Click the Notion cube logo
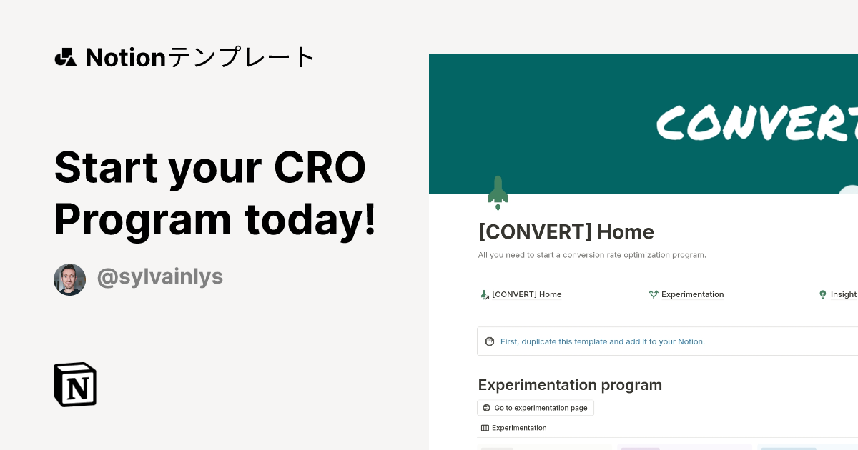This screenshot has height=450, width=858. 75,384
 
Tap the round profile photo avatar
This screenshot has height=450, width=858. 69,279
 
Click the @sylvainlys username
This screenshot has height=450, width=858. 159,277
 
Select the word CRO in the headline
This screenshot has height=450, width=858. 320,167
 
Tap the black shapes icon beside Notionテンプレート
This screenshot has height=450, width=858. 65,57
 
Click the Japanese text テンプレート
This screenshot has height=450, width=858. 241,57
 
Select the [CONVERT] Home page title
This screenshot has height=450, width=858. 566,231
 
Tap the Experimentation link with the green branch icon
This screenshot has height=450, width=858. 686,294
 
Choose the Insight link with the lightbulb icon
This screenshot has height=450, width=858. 838,294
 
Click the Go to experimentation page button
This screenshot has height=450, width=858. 536,408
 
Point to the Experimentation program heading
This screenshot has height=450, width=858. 570,385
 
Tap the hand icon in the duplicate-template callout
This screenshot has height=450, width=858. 489,341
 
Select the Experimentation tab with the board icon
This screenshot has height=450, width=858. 514,428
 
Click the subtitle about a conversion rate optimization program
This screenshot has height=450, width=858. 592,255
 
